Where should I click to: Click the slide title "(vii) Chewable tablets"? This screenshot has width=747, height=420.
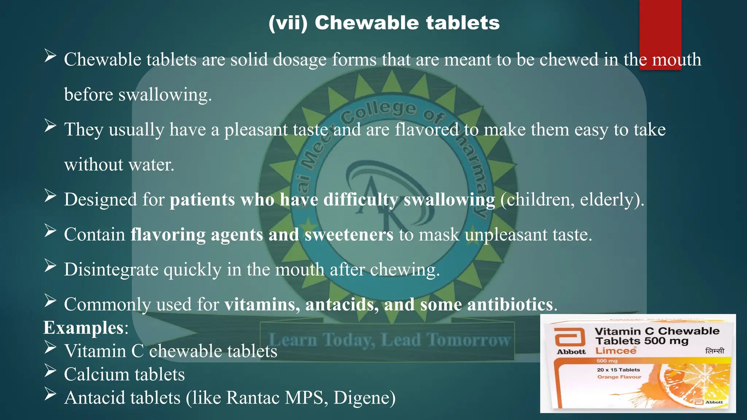click(384, 23)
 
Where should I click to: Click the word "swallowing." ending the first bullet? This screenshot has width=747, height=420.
click(165, 95)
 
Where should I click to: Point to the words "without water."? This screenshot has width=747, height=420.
click(119, 165)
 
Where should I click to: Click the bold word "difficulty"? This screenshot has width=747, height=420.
click(361, 200)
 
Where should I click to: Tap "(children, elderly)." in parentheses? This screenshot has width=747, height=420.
click(572, 200)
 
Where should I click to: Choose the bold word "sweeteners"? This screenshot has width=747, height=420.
click(349, 234)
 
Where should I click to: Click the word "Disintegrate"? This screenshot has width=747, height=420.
click(111, 270)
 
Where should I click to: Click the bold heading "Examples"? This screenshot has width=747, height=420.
click(84, 327)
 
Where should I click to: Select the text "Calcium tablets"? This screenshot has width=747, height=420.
click(124, 374)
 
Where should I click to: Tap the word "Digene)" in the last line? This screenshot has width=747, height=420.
click(364, 398)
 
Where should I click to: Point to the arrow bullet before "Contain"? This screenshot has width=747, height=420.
click(50, 231)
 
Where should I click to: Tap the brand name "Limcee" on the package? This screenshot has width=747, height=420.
click(616, 351)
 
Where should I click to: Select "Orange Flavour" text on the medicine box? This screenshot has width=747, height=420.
click(619, 377)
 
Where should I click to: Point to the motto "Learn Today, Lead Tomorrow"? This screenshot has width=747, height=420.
click(389, 340)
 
